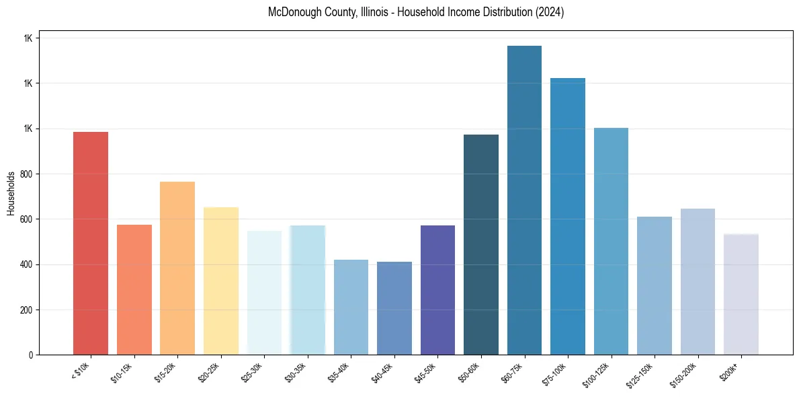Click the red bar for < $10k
(x=91, y=242)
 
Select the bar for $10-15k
(x=134, y=289)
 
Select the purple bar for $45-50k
(x=437, y=289)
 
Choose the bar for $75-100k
(x=568, y=216)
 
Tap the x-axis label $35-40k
(x=342, y=372)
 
